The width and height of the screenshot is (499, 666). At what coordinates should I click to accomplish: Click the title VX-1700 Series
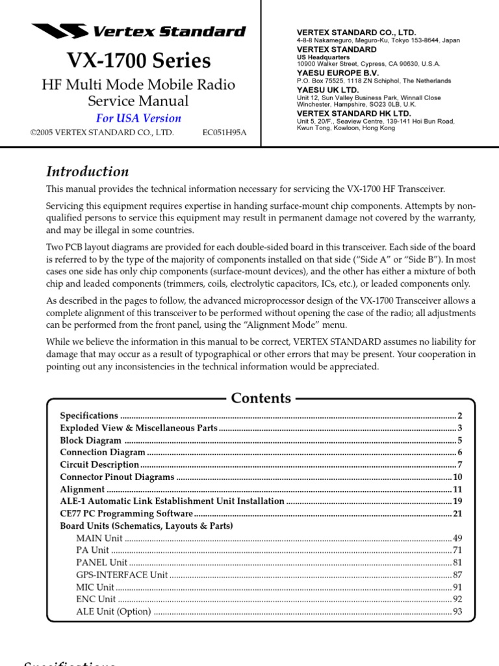point(139,60)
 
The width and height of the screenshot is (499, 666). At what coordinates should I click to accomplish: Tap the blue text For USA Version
point(138,118)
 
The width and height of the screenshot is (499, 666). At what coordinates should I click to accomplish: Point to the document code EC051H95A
point(224,132)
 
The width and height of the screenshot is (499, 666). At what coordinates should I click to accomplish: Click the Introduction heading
point(87,172)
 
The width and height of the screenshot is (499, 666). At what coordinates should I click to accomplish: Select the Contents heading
point(261,398)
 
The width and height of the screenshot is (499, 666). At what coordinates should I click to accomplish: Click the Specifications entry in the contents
point(89,416)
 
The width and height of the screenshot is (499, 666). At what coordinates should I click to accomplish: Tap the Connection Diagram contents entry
point(103,453)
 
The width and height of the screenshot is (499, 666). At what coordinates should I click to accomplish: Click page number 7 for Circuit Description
point(459,465)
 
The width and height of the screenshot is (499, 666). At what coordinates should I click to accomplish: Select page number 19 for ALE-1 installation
point(457,501)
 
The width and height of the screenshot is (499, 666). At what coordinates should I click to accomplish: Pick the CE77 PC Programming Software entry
point(126,514)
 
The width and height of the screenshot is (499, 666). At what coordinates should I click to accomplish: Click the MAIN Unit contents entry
point(99,539)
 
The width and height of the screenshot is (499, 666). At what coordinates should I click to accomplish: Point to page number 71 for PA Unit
point(457,550)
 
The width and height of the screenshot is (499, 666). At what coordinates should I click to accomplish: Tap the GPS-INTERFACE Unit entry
point(122,575)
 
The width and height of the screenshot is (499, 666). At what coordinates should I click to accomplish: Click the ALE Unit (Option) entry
point(113,611)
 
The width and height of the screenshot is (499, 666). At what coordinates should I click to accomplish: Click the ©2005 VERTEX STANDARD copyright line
point(102,132)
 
